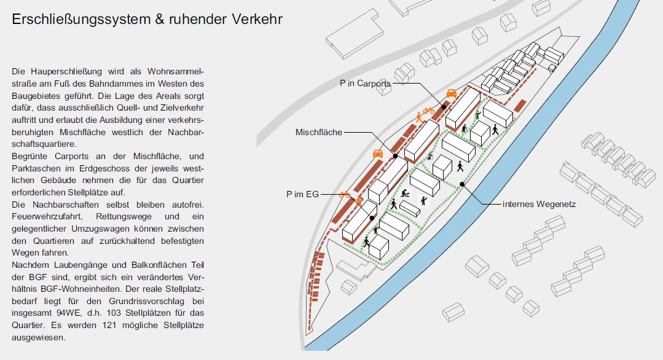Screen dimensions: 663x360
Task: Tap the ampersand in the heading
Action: pos(160,20)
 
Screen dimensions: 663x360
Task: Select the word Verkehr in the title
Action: pos(257,20)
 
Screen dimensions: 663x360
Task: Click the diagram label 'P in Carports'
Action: pos(366,84)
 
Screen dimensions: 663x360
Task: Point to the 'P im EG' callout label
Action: pos(303,194)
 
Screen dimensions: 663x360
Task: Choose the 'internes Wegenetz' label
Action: pos(539,205)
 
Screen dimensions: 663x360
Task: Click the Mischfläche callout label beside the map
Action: pos(319,132)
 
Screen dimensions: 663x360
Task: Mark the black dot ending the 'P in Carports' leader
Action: pos(444,108)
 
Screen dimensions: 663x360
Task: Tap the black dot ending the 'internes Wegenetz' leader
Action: pos(462,184)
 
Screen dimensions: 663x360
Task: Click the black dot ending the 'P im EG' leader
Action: pos(372,218)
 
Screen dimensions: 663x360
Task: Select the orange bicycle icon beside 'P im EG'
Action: pos(345,194)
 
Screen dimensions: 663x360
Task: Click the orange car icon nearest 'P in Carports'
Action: pos(452,93)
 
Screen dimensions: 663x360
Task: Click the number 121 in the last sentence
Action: pos(110,326)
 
